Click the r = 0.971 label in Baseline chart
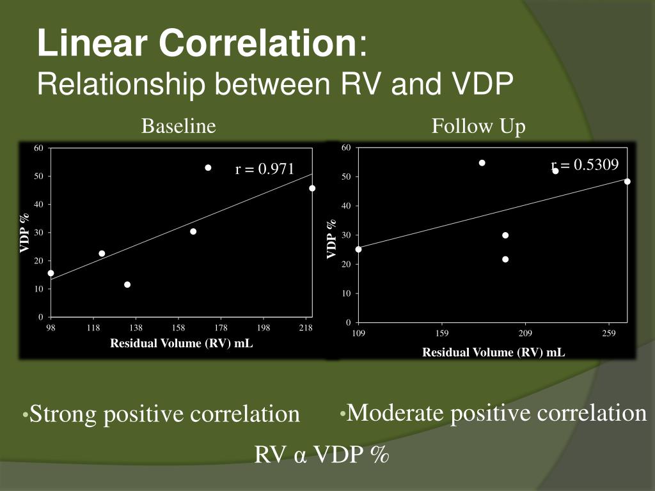[265, 169]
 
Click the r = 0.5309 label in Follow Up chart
[585, 166]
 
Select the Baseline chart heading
[178, 127]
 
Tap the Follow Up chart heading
[478, 127]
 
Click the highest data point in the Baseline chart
[208, 168]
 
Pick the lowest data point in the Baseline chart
[127, 284]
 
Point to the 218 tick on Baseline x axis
[306, 329]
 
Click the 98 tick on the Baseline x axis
[51, 329]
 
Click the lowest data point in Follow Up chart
[505, 260]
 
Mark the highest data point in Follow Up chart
[482, 163]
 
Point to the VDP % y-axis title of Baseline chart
[25, 233]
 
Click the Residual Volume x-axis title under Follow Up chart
[493, 352]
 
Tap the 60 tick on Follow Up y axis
[346, 148]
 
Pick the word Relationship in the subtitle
[112, 84]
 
